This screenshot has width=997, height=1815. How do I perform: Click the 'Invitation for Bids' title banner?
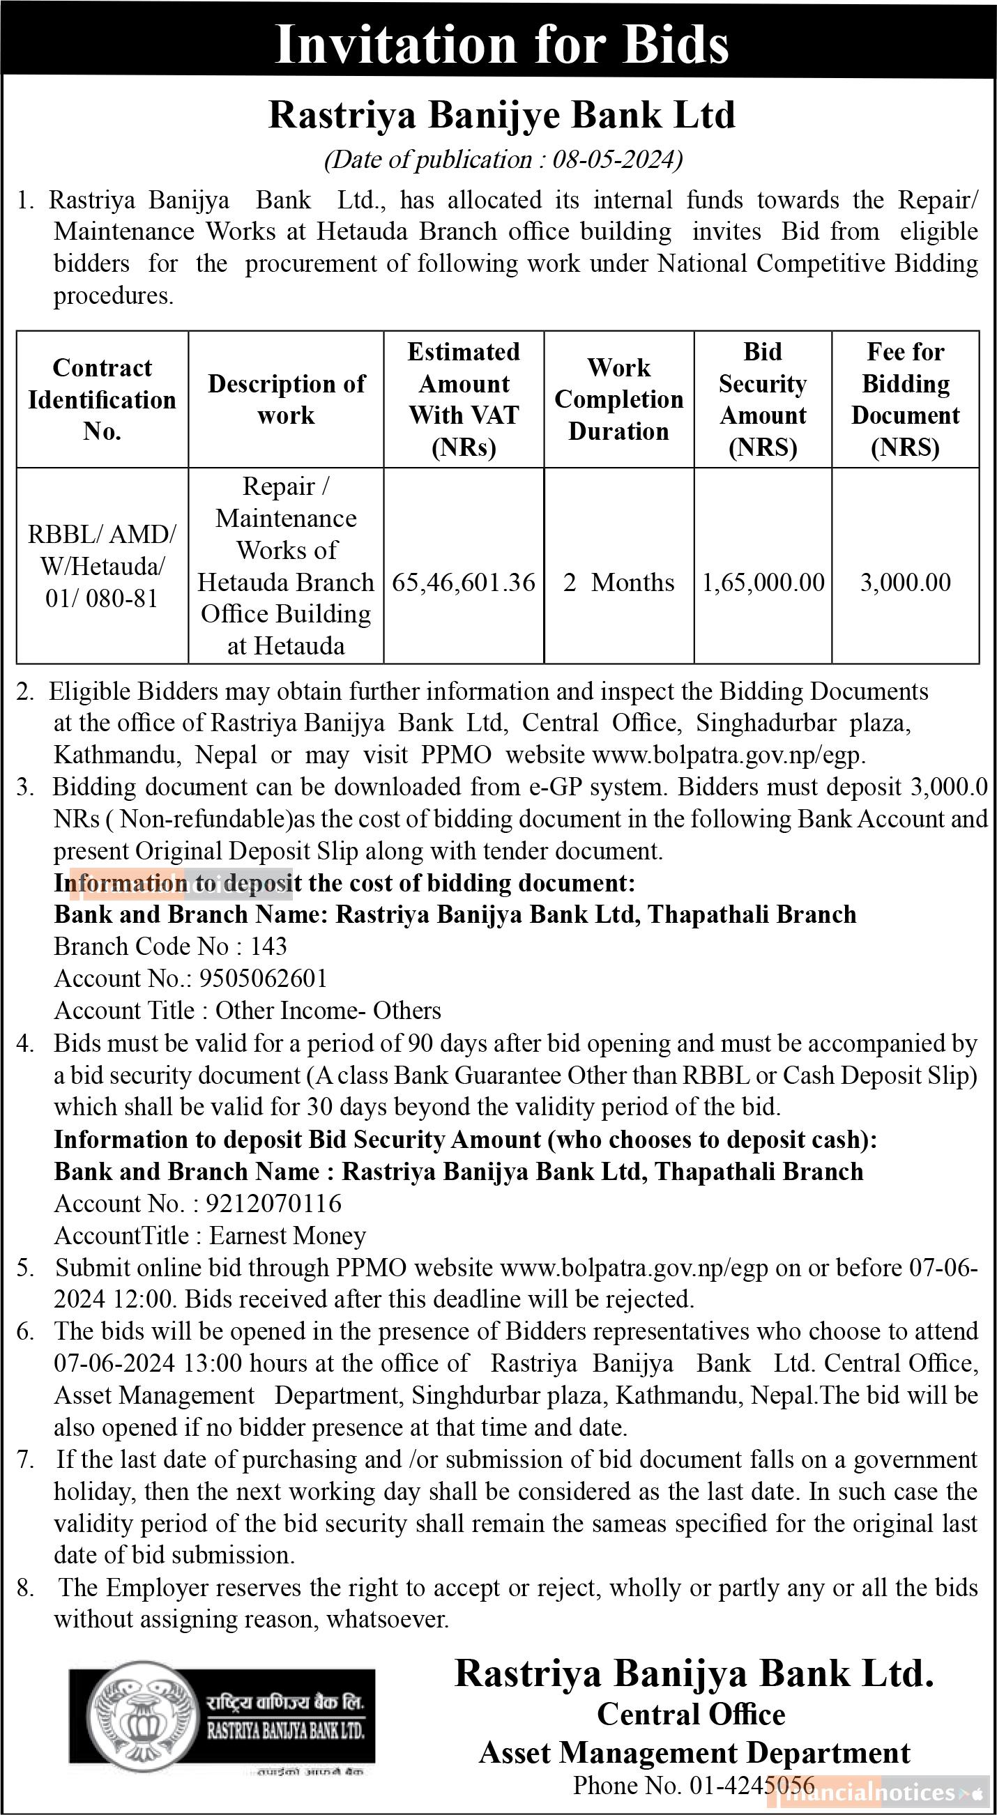pyautogui.click(x=501, y=44)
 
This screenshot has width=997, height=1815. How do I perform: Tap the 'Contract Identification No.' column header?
pyautogui.click(x=102, y=399)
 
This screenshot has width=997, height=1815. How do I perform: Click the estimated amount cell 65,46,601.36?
pyautogui.click(x=464, y=583)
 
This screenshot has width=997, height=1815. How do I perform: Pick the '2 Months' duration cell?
pyautogui.click(x=618, y=583)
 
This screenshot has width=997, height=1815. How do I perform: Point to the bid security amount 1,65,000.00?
pyautogui.click(x=763, y=583)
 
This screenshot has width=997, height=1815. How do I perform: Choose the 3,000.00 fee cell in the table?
pyautogui.click(x=906, y=583)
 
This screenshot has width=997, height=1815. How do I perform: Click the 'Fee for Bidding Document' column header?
pyautogui.click(x=906, y=399)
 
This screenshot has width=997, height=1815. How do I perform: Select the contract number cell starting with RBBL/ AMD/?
pyautogui.click(x=102, y=567)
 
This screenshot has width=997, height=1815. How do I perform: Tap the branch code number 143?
pyautogui.click(x=268, y=947)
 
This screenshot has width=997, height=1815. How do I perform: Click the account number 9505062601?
pyautogui.click(x=264, y=979)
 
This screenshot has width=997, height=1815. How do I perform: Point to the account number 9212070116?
pyautogui.click(x=273, y=1204)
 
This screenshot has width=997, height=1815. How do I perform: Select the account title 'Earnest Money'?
pyautogui.click(x=287, y=1236)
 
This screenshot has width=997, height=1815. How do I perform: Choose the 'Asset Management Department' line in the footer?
pyautogui.click(x=694, y=1752)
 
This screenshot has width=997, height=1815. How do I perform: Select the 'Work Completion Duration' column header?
pyautogui.click(x=618, y=399)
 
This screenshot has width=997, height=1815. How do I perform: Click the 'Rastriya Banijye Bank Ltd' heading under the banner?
pyautogui.click(x=502, y=116)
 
